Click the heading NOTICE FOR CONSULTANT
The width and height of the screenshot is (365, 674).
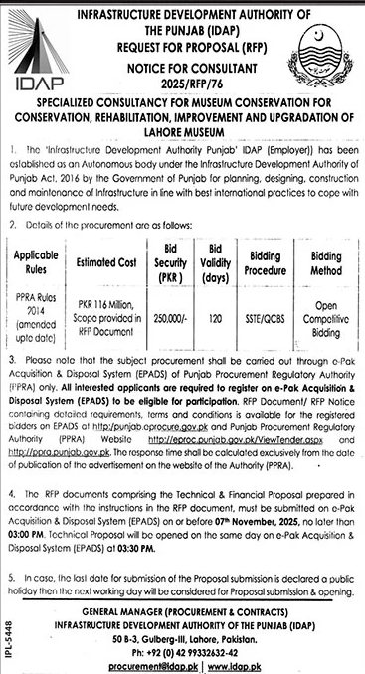[x=188, y=62]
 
